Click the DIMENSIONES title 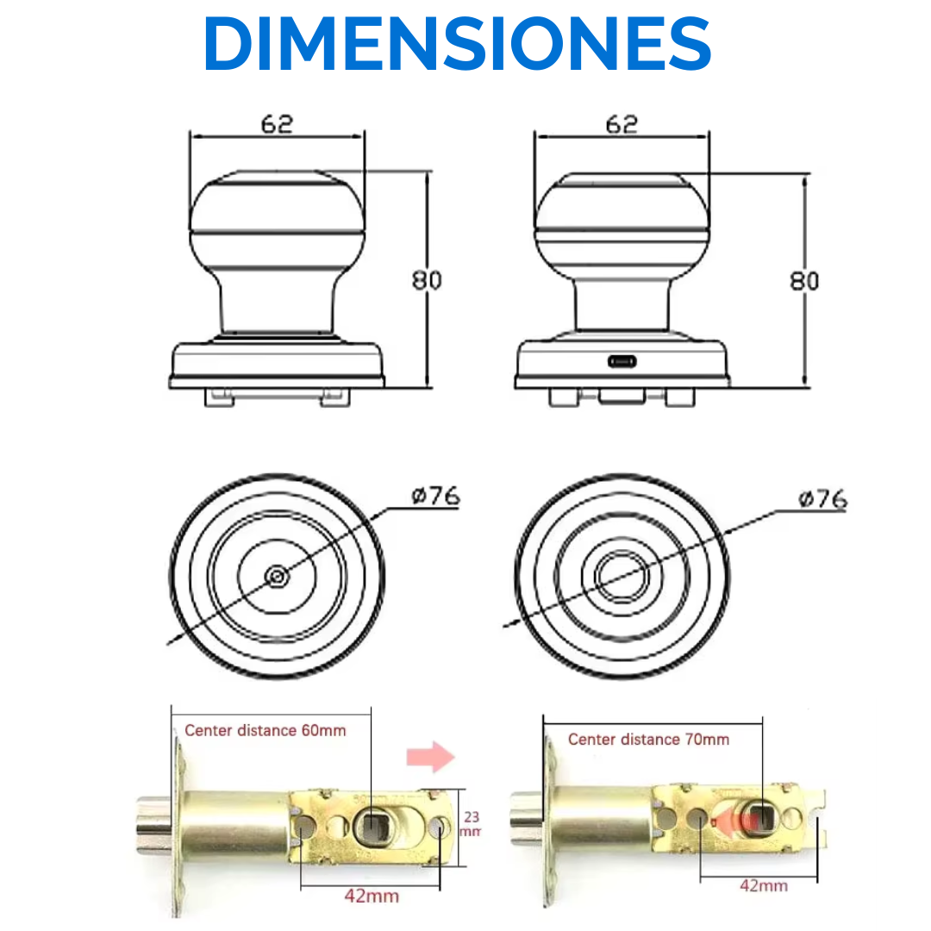tap(457, 43)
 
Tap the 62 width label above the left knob tap(277, 124)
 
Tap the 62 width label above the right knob tap(622, 124)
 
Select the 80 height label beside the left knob tap(427, 279)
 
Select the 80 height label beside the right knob tap(804, 281)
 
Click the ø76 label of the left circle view tap(436, 496)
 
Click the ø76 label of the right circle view tap(823, 499)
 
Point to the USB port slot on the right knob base tap(622, 361)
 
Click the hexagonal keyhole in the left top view tap(277, 576)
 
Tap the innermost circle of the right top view tap(622, 576)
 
